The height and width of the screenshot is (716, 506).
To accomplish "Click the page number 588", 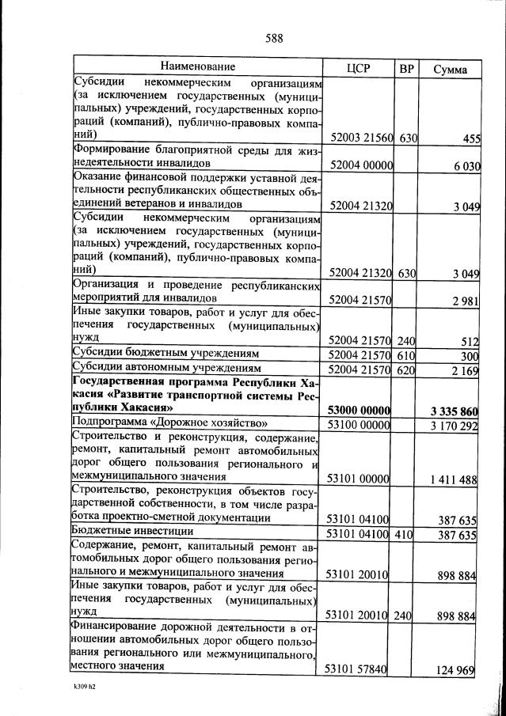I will pos(274,38).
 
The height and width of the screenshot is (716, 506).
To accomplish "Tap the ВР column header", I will pos(406,68).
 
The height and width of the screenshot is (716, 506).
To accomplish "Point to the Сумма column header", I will pos(449,69).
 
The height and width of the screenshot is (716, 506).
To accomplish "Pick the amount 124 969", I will pos(455,671).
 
